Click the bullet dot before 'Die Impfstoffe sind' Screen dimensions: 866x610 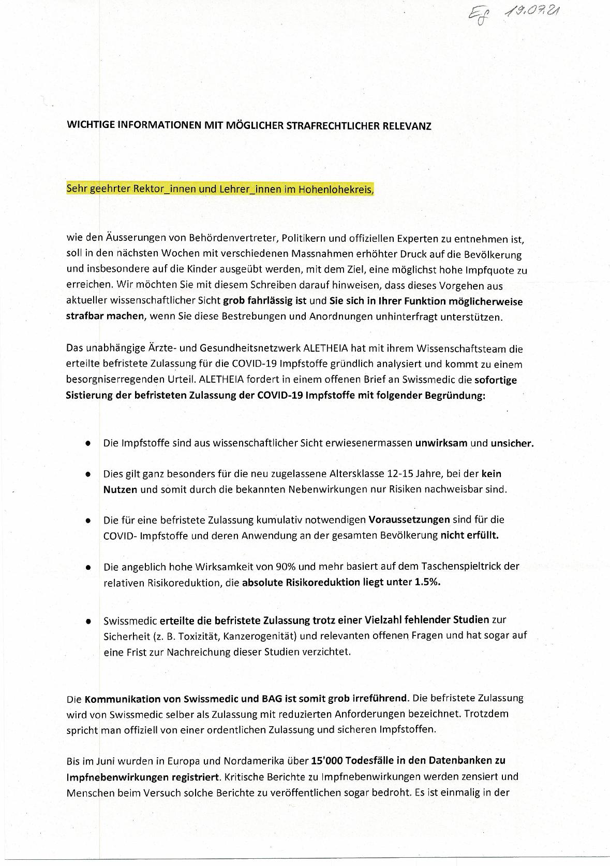(x=89, y=444)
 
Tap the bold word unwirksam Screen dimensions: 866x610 (x=441, y=443)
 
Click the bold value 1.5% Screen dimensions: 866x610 (x=427, y=582)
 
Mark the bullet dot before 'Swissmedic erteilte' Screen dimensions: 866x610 (x=89, y=620)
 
